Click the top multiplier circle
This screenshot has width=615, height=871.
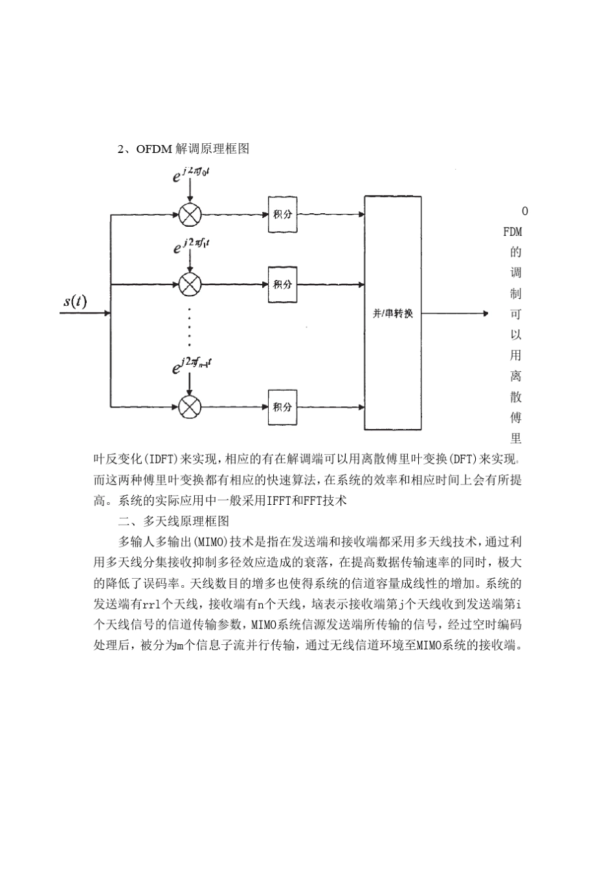click(190, 215)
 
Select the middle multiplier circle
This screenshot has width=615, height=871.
click(190, 284)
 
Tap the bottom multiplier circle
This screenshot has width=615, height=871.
click(190, 407)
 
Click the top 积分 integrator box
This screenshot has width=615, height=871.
click(283, 215)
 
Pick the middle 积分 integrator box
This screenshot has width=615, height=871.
click(283, 284)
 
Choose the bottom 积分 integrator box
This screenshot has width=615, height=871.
click(283, 407)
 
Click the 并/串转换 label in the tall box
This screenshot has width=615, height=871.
click(393, 314)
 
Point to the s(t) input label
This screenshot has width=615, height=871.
click(76, 301)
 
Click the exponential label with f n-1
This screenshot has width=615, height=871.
click(192, 366)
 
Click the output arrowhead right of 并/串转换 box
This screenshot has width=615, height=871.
click(485, 314)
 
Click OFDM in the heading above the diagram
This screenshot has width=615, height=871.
click(154, 149)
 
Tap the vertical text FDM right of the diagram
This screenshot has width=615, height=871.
click(513, 231)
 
